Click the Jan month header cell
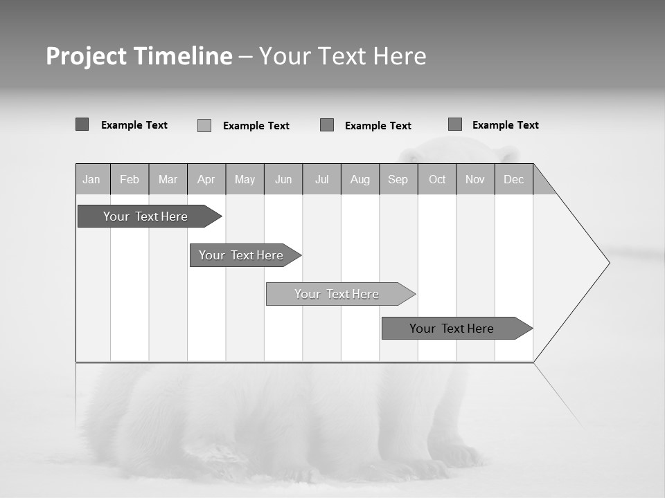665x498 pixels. coord(91,179)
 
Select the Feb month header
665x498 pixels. coord(130,179)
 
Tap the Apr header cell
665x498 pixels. coord(206,179)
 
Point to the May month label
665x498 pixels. coord(245,179)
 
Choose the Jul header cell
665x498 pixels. coord(321,179)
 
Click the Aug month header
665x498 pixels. coord(360,179)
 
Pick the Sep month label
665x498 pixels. coord(398,179)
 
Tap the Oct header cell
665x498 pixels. coord(437,179)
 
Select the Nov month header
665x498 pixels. coord(475,179)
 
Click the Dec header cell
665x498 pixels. coord(513,179)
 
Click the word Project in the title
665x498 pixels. coord(86,56)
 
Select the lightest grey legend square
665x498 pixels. coord(204,125)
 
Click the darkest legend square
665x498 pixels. coord(82,124)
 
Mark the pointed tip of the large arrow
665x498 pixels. coord(608,263)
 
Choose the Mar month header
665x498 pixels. coord(168,179)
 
